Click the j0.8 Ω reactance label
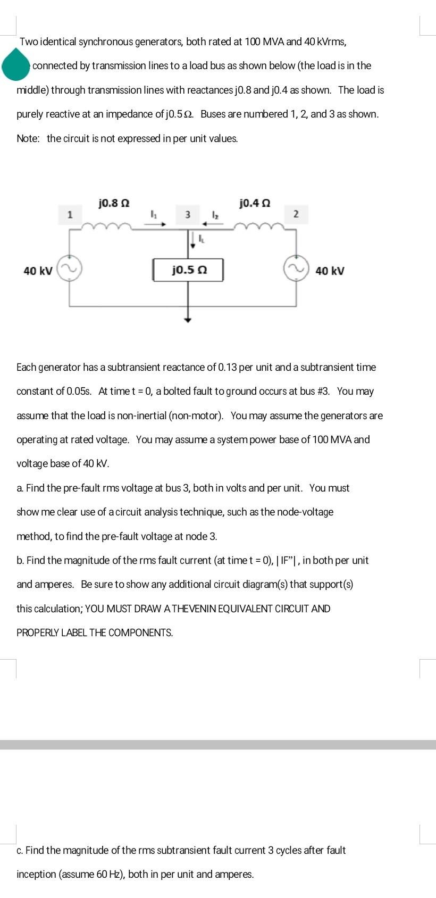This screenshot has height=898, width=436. (x=114, y=203)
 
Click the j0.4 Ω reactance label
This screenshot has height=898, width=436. (x=255, y=203)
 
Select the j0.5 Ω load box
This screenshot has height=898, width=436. (x=188, y=270)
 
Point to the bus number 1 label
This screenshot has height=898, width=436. (x=69, y=214)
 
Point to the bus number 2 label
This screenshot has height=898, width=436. (x=296, y=214)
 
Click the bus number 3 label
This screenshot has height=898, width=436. (x=187, y=214)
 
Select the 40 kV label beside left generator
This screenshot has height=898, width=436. (x=38, y=271)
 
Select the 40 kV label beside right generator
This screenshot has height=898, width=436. (x=330, y=271)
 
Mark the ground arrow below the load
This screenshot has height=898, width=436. (x=187, y=319)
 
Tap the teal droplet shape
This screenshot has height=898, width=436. (x=16, y=64)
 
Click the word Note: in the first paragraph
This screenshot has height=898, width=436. (x=28, y=138)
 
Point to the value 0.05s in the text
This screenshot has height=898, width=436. (x=80, y=391)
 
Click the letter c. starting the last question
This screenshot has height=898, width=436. (x=20, y=850)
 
